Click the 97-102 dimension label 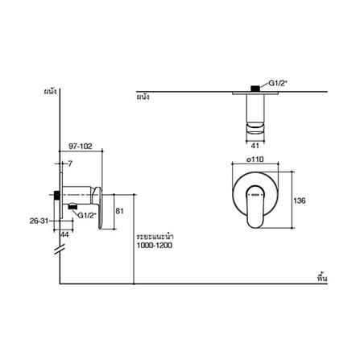click(81, 147)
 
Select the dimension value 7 click(70, 163)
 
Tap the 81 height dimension click(119, 211)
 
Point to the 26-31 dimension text click(39, 221)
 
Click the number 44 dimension click(64, 234)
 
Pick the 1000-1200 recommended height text click(155, 246)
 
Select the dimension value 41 click(254, 146)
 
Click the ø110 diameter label click(255, 159)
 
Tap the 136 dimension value click(300, 201)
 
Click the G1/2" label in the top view click(278, 83)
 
